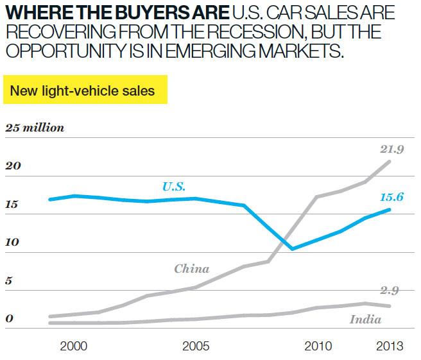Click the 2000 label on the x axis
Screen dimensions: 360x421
73,347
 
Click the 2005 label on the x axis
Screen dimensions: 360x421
196,347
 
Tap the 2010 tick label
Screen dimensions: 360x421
317,347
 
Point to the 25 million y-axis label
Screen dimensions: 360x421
35,128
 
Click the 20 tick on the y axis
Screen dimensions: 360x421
13,166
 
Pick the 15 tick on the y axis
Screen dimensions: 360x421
13,205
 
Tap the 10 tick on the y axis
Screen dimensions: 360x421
13,243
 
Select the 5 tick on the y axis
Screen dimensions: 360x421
10,281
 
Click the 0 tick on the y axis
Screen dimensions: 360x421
10,320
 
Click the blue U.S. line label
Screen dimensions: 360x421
173,187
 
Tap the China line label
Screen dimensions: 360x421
191,269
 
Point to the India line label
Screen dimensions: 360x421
365,320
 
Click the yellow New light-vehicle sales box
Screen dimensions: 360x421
85,91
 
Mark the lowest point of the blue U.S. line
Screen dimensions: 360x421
293,249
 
